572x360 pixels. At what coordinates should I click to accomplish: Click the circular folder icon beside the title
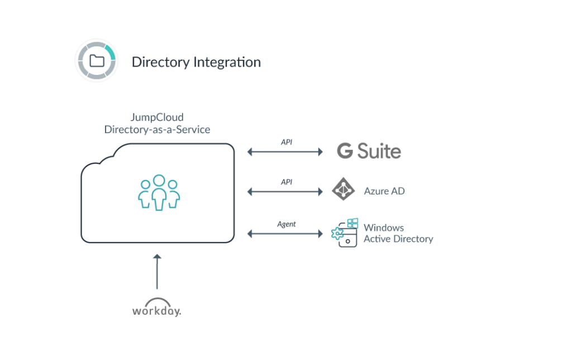(97, 60)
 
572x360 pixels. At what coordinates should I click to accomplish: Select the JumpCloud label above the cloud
(156, 118)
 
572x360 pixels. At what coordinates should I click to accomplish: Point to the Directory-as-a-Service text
(158, 130)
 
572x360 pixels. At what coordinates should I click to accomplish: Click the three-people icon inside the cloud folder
(160, 193)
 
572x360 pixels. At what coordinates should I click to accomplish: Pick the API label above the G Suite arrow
(286, 143)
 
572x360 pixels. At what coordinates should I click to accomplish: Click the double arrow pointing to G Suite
(285, 151)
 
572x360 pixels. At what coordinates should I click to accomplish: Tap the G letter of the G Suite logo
(345, 151)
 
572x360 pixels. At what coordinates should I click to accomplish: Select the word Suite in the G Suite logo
(380, 151)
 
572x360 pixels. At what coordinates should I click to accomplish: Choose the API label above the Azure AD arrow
(286, 182)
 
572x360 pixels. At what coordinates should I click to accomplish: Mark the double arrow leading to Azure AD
(285, 192)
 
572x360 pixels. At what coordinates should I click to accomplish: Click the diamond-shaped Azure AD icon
(343, 190)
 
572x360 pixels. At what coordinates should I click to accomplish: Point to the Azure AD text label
(384, 191)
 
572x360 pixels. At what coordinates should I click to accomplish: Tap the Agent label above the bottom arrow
(286, 224)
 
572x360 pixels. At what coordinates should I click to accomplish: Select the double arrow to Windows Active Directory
(285, 233)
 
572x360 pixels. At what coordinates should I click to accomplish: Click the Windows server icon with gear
(345, 233)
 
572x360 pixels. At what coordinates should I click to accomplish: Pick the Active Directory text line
(398, 239)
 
